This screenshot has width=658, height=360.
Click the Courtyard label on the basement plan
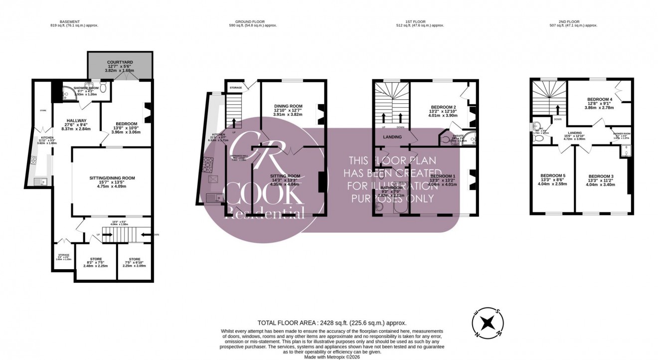click(x=120, y=62)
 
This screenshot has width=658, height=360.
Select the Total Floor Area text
click(x=331, y=323)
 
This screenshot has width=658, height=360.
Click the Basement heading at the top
click(x=69, y=22)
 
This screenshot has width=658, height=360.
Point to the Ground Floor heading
click(x=256, y=22)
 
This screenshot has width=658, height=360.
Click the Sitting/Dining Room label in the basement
click(x=112, y=178)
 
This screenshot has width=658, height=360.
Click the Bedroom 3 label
click(x=601, y=177)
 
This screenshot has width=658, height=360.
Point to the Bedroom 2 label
click(x=443, y=107)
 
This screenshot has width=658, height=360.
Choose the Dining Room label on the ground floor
click(x=288, y=106)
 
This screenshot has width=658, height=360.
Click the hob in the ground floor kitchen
click(x=206, y=164)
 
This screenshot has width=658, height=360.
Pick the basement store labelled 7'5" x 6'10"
click(x=134, y=259)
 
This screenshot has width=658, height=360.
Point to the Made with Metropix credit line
click(x=331, y=356)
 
